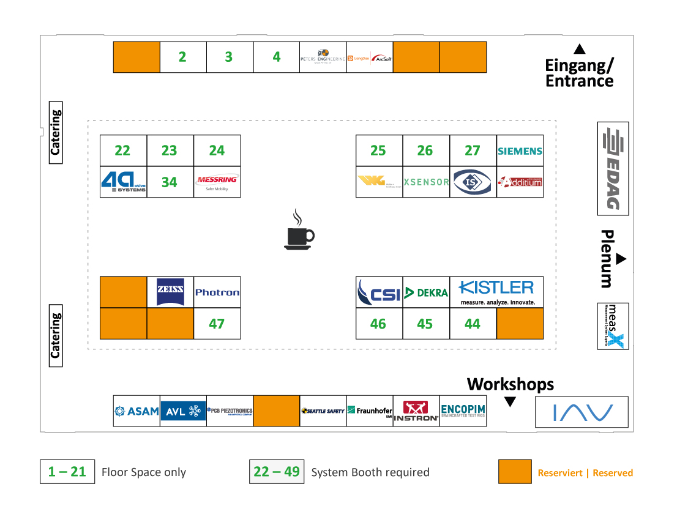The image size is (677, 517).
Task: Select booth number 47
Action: click(x=217, y=324)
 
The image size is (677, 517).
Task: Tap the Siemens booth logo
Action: click(x=520, y=151)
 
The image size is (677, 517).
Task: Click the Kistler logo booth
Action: click(x=496, y=292)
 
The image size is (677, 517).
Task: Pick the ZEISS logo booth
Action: click(x=170, y=292)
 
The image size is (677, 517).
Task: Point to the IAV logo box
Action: click(x=582, y=412)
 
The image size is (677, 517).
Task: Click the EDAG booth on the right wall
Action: click(x=613, y=168)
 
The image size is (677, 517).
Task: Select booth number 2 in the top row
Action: click(x=182, y=57)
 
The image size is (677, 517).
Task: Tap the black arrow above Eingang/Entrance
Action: click(x=579, y=49)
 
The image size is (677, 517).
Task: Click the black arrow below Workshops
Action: click(x=510, y=402)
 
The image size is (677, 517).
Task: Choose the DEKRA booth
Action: click(x=426, y=292)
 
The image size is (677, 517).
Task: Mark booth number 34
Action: click(x=170, y=182)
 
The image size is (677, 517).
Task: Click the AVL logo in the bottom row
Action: click(x=183, y=411)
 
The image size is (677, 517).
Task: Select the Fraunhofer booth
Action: click(x=369, y=411)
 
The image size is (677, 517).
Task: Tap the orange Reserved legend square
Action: click(x=515, y=472)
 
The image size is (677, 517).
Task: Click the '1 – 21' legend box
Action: click(x=67, y=472)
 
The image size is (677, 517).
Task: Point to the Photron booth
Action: click(x=217, y=292)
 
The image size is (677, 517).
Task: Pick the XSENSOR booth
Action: click(x=426, y=182)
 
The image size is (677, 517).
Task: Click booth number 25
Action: click(x=378, y=151)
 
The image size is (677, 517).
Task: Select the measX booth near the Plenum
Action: click(x=613, y=326)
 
